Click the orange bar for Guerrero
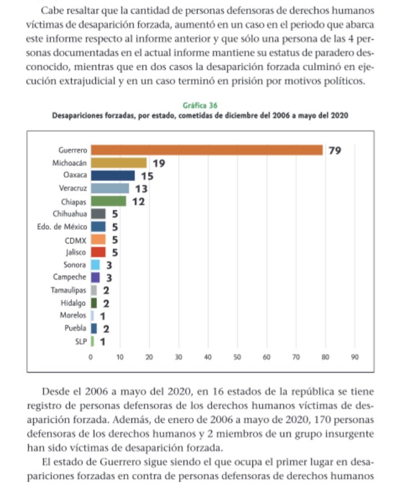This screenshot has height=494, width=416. click(206, 150)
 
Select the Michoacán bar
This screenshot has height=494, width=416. click(119, 163)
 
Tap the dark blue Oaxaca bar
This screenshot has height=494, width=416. click(113, 176)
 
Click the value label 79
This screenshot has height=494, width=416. click(335, 150)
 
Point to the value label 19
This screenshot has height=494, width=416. click(159, 163)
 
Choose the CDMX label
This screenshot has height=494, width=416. click(75, 240)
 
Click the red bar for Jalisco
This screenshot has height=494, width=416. click(98, 252)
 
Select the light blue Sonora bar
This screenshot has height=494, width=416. click(95, 265)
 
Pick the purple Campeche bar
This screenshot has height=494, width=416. click(95, 277)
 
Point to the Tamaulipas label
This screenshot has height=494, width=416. click(68, 290)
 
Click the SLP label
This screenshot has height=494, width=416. click(80, 341)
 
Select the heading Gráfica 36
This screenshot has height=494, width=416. click(200, 105)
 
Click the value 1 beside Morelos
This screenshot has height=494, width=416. click(103, 316)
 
